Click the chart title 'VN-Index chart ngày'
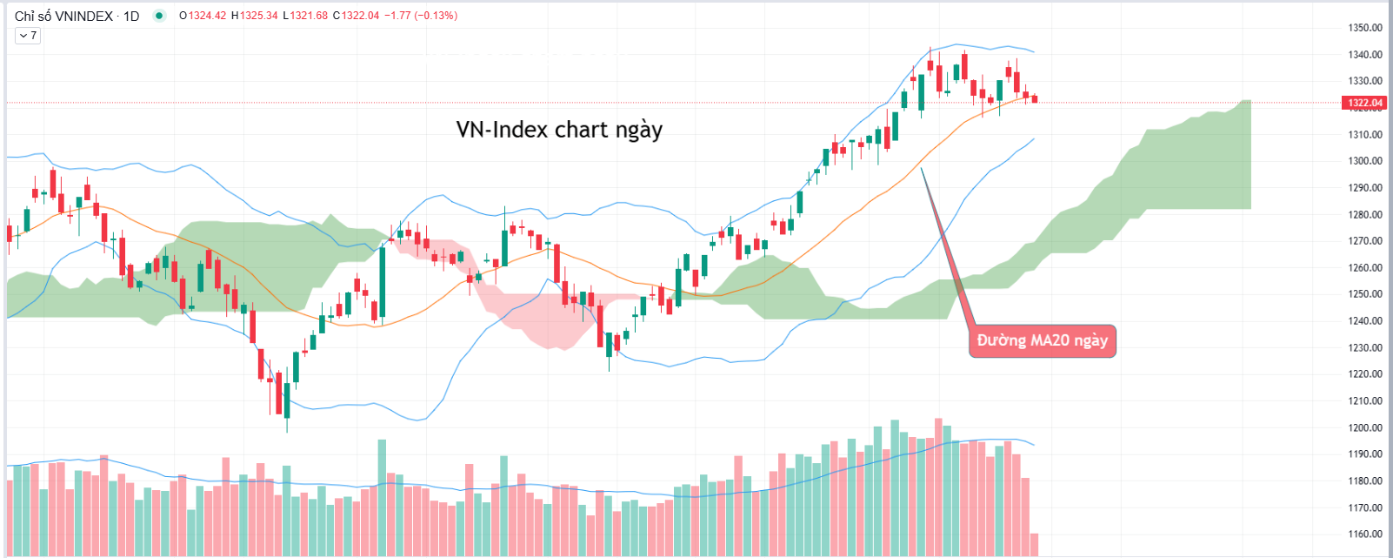click(559, 130)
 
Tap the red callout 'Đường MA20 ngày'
click(1042, 340)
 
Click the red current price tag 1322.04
click(1364, 103)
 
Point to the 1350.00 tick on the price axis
click(1364, 28)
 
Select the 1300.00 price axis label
click(1364, 161)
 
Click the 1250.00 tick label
click(1364, 294)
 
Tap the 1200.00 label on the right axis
click(1364, 427)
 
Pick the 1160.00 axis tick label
click(1364, 534)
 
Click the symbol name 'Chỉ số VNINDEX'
click(63, 16)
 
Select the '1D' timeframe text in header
click(131, 16)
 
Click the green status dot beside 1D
click(159, 16)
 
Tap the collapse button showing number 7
click(28, 36)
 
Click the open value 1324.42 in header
click(206, 16)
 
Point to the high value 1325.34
click(258, 16)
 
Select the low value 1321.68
click(309, 16)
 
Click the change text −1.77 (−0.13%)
click(421, 16)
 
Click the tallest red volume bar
click(938, 487)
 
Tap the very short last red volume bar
click(1034, 545)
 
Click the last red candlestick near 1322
click(1034, 99)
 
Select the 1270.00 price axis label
click(1364, 241)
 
